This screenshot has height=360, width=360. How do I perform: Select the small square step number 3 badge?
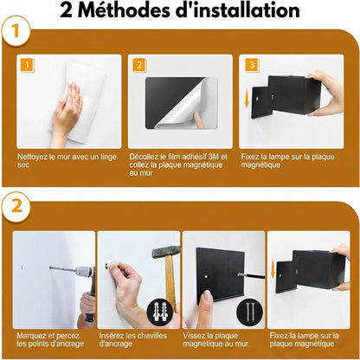tap(251, 65)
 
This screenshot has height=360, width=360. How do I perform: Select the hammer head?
tap(165, 252)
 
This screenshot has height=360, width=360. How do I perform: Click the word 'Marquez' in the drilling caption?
tap(30, 334)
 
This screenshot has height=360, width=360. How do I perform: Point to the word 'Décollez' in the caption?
tap(145, 157)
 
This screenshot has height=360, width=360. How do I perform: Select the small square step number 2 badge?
tap(138, 65)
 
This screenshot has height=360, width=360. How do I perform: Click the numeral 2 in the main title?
tap(68, 12)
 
